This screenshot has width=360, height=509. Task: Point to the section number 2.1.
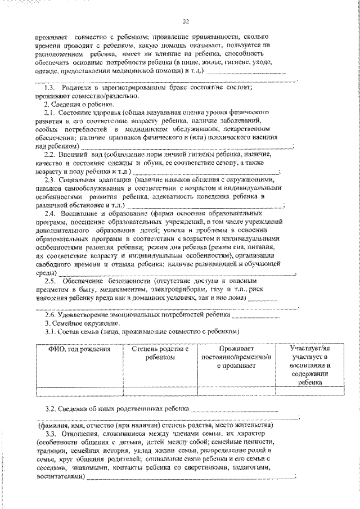[51, 113]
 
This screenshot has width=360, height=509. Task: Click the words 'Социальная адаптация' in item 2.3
[92, 178]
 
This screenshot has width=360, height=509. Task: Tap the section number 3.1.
[51, 332]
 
